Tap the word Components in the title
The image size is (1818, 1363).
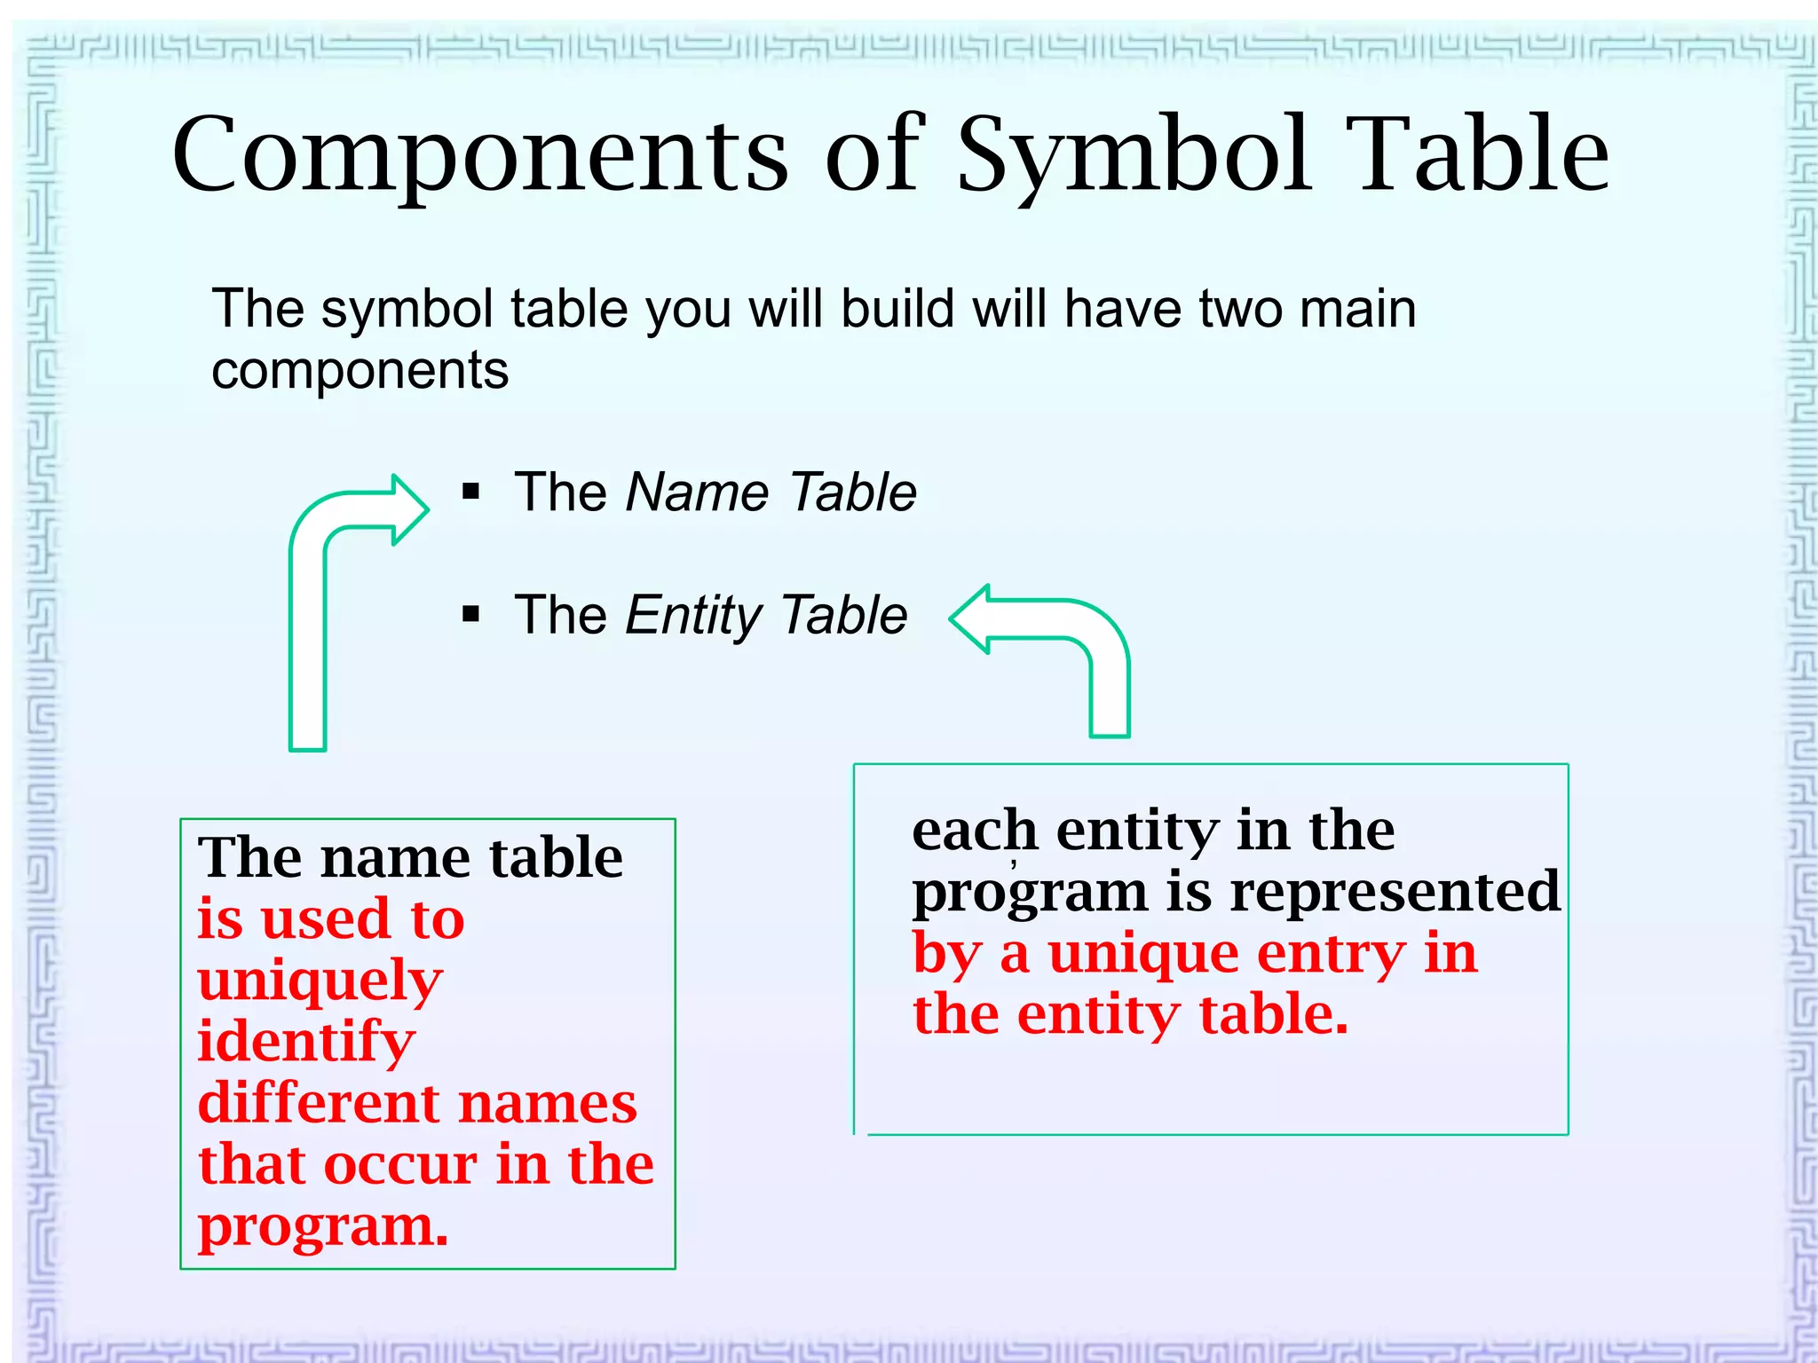(x=479, y=155)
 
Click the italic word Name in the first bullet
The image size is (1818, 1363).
(x=696, y=492)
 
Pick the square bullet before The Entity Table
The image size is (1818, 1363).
(x=470, y=614)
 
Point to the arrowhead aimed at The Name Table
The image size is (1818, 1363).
(x=408, y=509)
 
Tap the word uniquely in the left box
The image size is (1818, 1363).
(x=320, y=981)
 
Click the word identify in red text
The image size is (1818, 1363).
(x=305, y=1042)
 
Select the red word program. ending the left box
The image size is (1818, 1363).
(x=323, y=1227)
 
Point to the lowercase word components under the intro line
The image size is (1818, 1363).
(x=360, y=371)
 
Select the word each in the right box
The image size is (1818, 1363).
(x=974, y=831)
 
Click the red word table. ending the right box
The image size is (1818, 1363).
(x=1273, y=1014)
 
